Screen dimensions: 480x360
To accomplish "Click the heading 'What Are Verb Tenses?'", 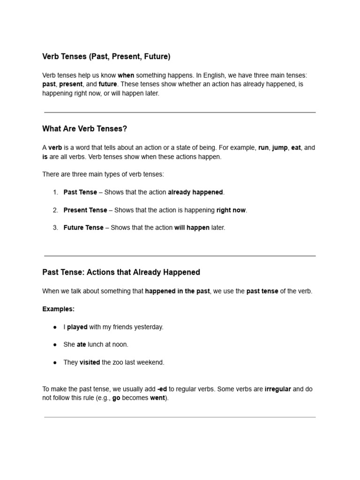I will pos(84,129).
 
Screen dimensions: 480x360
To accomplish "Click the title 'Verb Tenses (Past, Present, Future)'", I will pos(106,57).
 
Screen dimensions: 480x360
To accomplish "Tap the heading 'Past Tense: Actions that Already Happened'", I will pos(121,272).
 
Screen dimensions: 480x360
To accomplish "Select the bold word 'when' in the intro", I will pos(126,75).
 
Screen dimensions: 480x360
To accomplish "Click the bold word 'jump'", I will pos(280,148).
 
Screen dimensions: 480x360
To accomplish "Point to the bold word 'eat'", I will pos(296,148).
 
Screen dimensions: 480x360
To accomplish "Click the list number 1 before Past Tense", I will pos(55,192).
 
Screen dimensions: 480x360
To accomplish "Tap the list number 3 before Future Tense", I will pos(55,228).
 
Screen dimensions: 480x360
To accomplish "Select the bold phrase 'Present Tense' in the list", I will pos(85,210).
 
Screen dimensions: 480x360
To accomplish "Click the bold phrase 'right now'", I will pos(231,210).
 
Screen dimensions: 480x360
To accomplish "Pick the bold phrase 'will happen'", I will pos(192,228).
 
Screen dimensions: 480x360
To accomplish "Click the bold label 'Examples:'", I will pos(59,309).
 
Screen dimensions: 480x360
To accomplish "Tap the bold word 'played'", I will pos(77,327).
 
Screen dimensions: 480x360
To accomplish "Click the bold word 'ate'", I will pos(82,345).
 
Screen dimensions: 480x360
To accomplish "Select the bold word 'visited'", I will pos(90,362).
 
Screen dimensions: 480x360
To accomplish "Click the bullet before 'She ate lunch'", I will pos(55,345).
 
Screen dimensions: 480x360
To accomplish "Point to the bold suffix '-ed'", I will pos(162,389).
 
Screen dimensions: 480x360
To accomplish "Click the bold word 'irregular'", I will pos(278,389).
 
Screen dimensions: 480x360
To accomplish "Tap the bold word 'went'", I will pos(157,398).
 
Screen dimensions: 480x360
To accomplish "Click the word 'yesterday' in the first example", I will pos(147,327).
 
